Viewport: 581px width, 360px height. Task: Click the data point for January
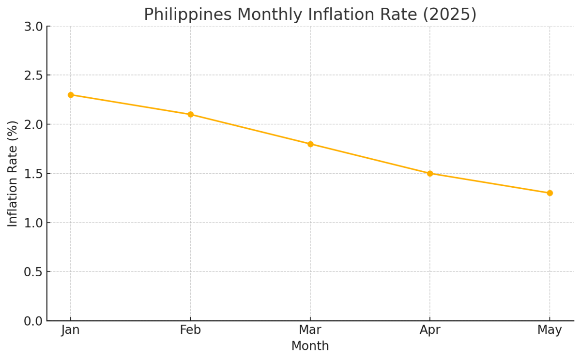point(71,95)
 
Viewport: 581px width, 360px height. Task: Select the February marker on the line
point(190,115)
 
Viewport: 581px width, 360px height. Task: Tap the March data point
point(310,144)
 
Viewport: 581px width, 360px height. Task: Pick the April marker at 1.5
point(430,173)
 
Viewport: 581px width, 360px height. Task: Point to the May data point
point(550,193)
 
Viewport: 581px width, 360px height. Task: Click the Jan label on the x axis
point(71,330)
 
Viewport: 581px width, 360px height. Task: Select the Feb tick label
point(190,330)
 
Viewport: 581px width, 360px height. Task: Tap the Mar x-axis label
point(310,330)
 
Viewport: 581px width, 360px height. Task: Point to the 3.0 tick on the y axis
point(33,27)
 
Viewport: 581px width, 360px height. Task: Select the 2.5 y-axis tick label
point(33,75)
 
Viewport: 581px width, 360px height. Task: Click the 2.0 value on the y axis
point(33,124)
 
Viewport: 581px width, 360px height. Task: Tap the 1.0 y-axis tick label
point(33,223)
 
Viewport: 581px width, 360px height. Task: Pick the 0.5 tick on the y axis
point(33,271)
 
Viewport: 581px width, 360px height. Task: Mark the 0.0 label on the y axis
point(33,321)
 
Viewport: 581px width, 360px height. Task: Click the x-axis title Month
point(310,346)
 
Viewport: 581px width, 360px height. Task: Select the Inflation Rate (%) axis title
point(13,173)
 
